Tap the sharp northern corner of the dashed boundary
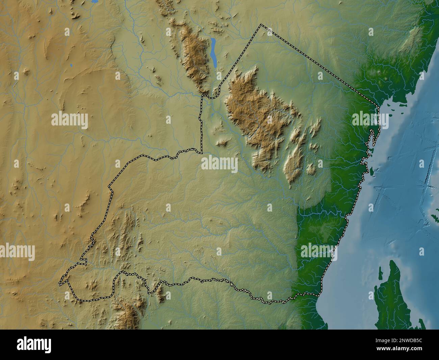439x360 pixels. pos(261,25)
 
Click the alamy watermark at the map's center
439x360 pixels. pos(219,164)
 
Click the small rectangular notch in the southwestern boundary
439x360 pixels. pos(83,261)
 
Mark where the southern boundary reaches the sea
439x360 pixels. pos(318,296)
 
